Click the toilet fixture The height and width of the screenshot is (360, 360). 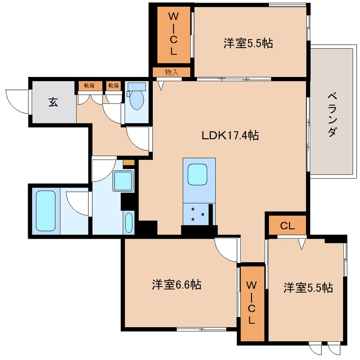pyautogui.click(x=137, y=96)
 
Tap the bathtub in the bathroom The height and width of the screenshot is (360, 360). pyautogui.click(x=46, y=211)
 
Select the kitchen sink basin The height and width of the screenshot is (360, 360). pyautogui.click(x=197, y=174)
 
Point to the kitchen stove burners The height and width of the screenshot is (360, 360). pyautogui.click(x=198, y=214)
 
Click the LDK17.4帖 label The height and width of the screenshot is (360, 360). pyautogui.click(x=230, y=135)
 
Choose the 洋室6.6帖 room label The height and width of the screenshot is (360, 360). pyautogui.click(x=177, y=285)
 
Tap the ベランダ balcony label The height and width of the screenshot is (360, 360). pyautogui.click(x=332, y=115)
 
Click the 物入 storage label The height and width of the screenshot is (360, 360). pyautogui.click(x=172, y=72)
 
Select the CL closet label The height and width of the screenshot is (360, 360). pyautogui.click(x=287, y=226)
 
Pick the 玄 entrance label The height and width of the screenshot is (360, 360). pyautogui.click(x=53, y=102)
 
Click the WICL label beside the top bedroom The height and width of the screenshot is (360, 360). pyautogui.click(x=174, y=34)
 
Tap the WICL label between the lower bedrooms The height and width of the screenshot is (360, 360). pyautogui.click(x=251, y=303)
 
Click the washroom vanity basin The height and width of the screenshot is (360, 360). pyautogui.click(x=129, y=223)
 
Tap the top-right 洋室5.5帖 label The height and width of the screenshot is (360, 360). pyautogui.click(x=248, y=43)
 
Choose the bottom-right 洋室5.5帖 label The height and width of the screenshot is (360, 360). pyautogui.click(x=308, y=288)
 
